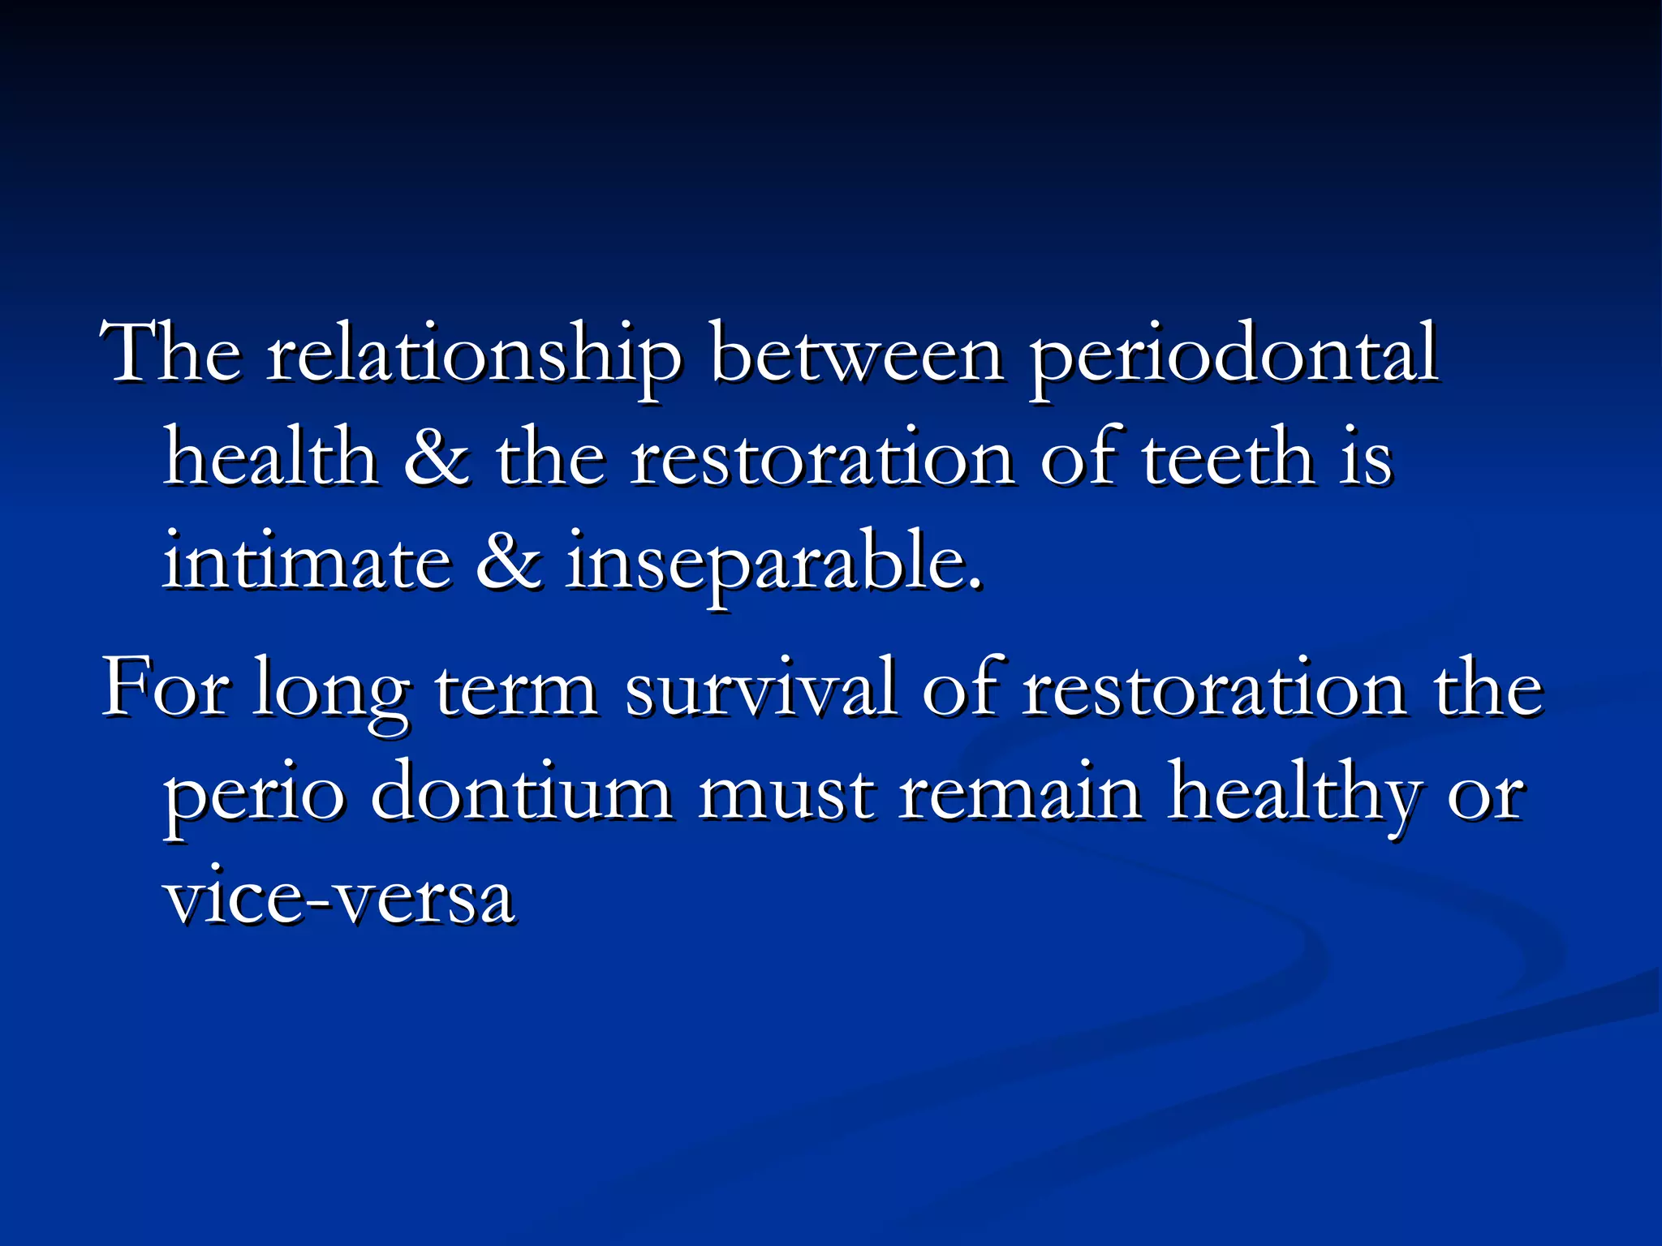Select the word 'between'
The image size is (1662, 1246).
[856, 354]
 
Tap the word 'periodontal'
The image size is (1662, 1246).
[1234, 355]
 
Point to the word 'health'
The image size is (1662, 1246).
[271, 458]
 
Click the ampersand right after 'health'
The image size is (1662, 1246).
[436, 459]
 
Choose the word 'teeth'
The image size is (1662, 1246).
[1228, 458]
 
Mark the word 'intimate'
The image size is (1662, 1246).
[307, 561]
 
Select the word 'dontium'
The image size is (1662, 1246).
[521, 792]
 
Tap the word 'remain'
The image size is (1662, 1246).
[1021, 792]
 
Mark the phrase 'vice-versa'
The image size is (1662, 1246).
[339, 897]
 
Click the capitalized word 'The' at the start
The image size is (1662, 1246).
[170, 354]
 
